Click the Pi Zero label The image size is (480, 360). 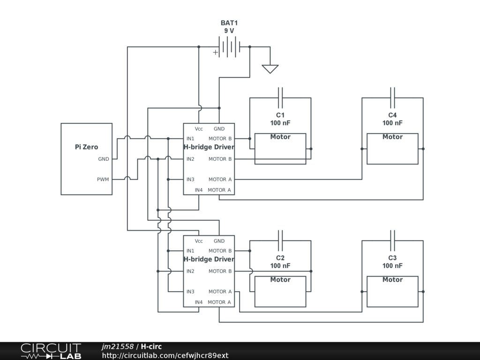86,147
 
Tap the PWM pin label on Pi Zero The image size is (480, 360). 103,180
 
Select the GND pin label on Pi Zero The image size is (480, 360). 104,159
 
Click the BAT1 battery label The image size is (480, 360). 229,23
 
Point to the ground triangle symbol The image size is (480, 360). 270,69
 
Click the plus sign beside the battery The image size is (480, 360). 216,52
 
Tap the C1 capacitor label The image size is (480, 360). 280,115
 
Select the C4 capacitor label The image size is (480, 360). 392,115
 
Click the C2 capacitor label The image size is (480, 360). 280,258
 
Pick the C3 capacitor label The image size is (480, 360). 392,258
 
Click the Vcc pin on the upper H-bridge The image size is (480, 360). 199,129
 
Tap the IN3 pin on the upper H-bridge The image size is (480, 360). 190,180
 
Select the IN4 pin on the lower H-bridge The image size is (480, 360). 199,302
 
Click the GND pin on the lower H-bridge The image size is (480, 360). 219,241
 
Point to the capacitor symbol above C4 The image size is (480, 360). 392,93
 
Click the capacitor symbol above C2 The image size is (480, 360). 280,236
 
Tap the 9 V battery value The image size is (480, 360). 229,30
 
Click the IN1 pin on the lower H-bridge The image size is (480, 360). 190,251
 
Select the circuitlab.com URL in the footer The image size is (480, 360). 165,355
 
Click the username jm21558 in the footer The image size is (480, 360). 118,346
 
